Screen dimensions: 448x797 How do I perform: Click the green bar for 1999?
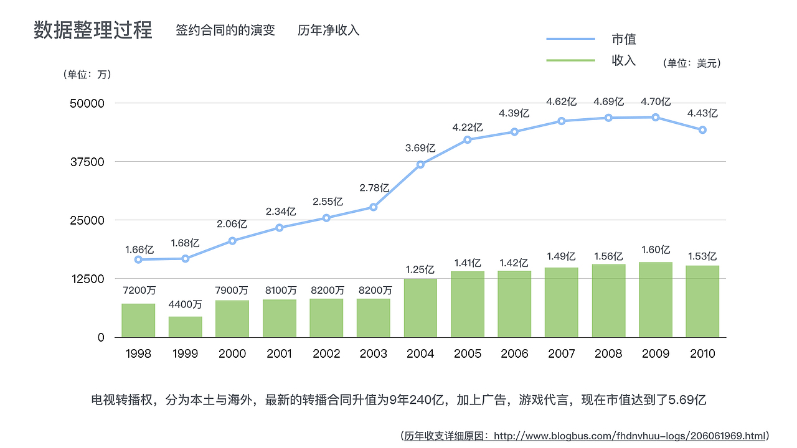185,327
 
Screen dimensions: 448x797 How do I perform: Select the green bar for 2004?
420,307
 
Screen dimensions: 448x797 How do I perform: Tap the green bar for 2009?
656,299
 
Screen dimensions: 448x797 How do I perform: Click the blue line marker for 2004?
420,164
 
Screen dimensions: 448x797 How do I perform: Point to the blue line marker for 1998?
138,259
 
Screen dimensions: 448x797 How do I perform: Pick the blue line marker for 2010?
702,130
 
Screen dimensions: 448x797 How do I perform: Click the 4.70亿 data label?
656,102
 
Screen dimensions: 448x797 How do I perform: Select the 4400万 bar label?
185,304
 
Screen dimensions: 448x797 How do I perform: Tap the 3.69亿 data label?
420,148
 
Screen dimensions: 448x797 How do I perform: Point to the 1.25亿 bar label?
420,269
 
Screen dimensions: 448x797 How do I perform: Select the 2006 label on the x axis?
514,353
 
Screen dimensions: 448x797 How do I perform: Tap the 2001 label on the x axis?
279,353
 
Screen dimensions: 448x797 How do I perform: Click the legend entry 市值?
623,39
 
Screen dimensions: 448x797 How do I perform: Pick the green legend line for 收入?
570,60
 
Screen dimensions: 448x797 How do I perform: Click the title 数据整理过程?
93,30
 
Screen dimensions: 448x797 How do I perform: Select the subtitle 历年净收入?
328,30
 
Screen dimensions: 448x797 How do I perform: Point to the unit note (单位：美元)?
692,63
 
